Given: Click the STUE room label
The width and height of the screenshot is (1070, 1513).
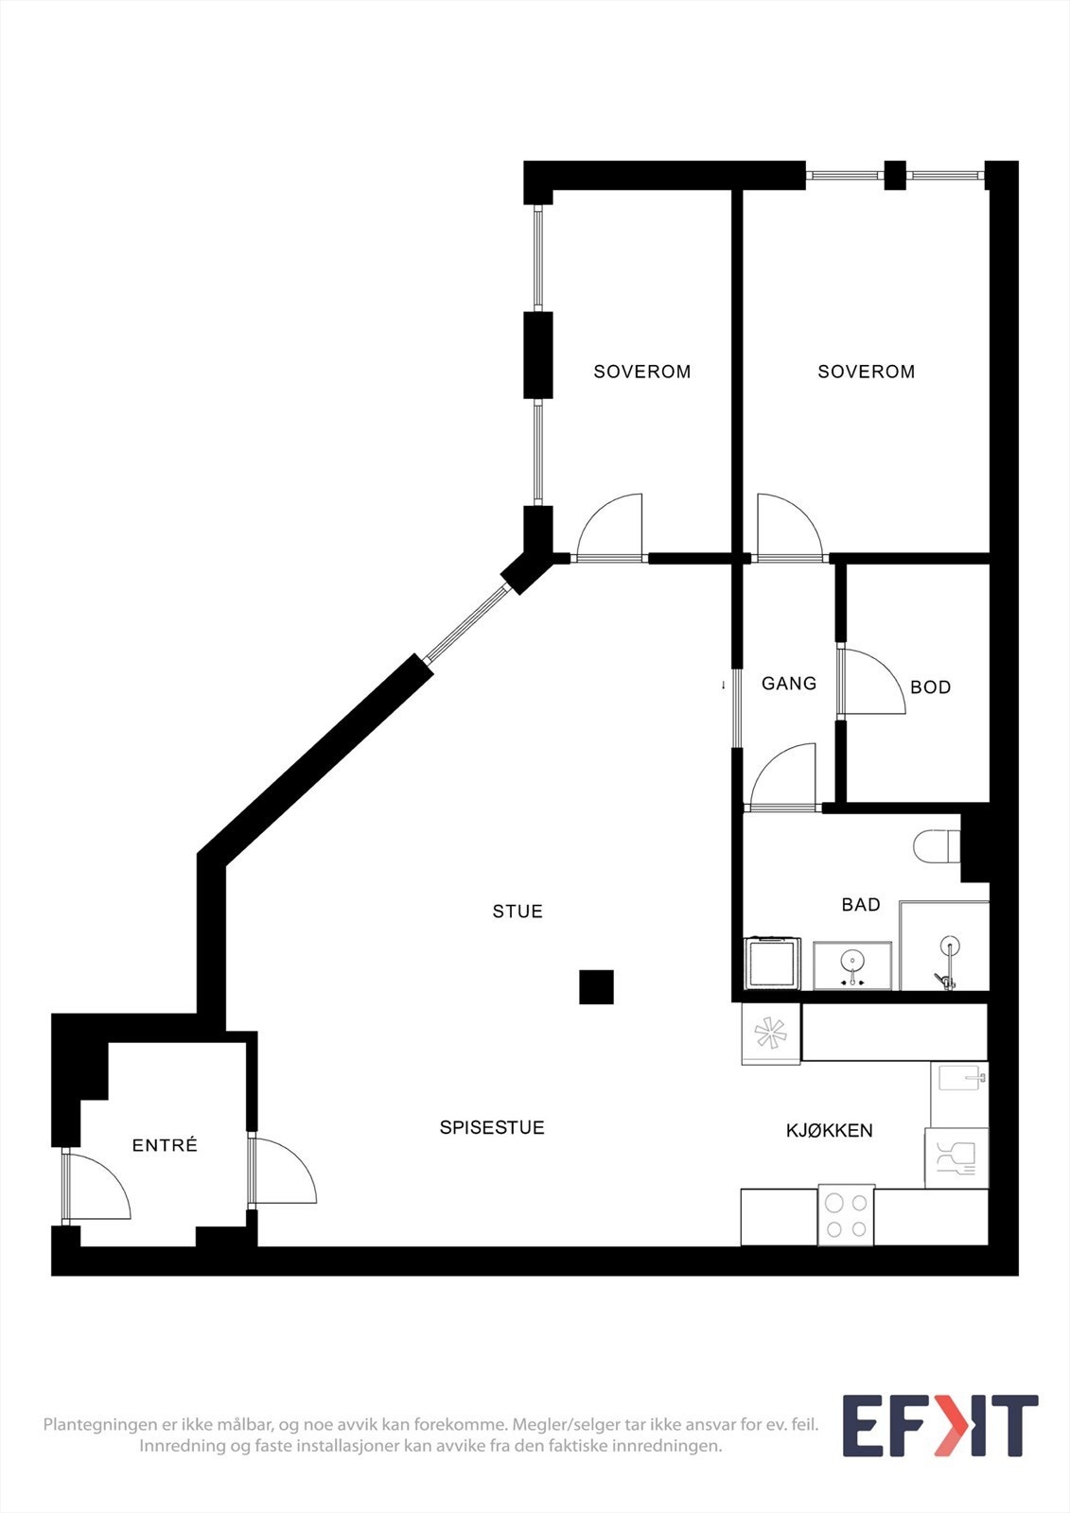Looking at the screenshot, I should point(517,912).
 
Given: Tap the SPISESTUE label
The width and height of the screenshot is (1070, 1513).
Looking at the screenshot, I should point(492,1127).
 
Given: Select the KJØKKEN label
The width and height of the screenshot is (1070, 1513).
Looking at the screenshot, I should point(829,1130).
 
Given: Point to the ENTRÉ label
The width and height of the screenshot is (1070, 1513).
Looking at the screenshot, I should point(165,1145).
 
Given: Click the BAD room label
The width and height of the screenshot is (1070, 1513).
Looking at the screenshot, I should point(861,905).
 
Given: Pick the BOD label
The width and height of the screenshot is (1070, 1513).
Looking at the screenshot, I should point(930,687).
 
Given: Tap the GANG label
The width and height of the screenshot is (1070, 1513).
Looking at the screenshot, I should point(789,683).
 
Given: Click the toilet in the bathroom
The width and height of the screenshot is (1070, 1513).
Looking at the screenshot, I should point(936,846).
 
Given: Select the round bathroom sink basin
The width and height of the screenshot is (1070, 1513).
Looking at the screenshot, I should point(852,963).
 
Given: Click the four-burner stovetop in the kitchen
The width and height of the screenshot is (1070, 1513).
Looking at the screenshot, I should point(846,1215).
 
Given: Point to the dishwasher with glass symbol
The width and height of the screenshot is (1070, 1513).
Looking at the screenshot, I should point(956,1157).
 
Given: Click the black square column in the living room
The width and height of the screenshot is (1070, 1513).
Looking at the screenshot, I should point(596,987).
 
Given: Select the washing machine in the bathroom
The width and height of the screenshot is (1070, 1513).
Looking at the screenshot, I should point(772,964).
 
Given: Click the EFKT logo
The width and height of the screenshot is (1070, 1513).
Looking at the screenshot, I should point(939,1426).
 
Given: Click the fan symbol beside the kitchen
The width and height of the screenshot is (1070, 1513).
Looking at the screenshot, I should point(770,1033).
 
